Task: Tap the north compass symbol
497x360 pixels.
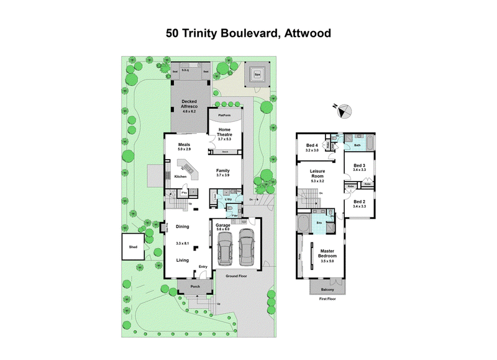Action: [x=344, y=110]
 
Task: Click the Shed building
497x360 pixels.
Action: [x=133, y=247]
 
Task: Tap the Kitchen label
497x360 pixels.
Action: [x=180, y=177]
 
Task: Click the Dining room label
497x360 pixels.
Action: [x=182, y=226]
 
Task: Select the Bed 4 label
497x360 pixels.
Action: [x=312, y=146]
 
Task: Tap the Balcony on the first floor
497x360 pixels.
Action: [x=327, y=289]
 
